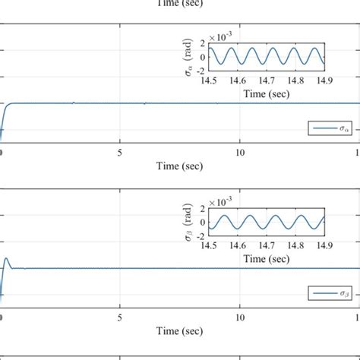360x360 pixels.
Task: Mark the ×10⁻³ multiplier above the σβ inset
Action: (x=221, y=201)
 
